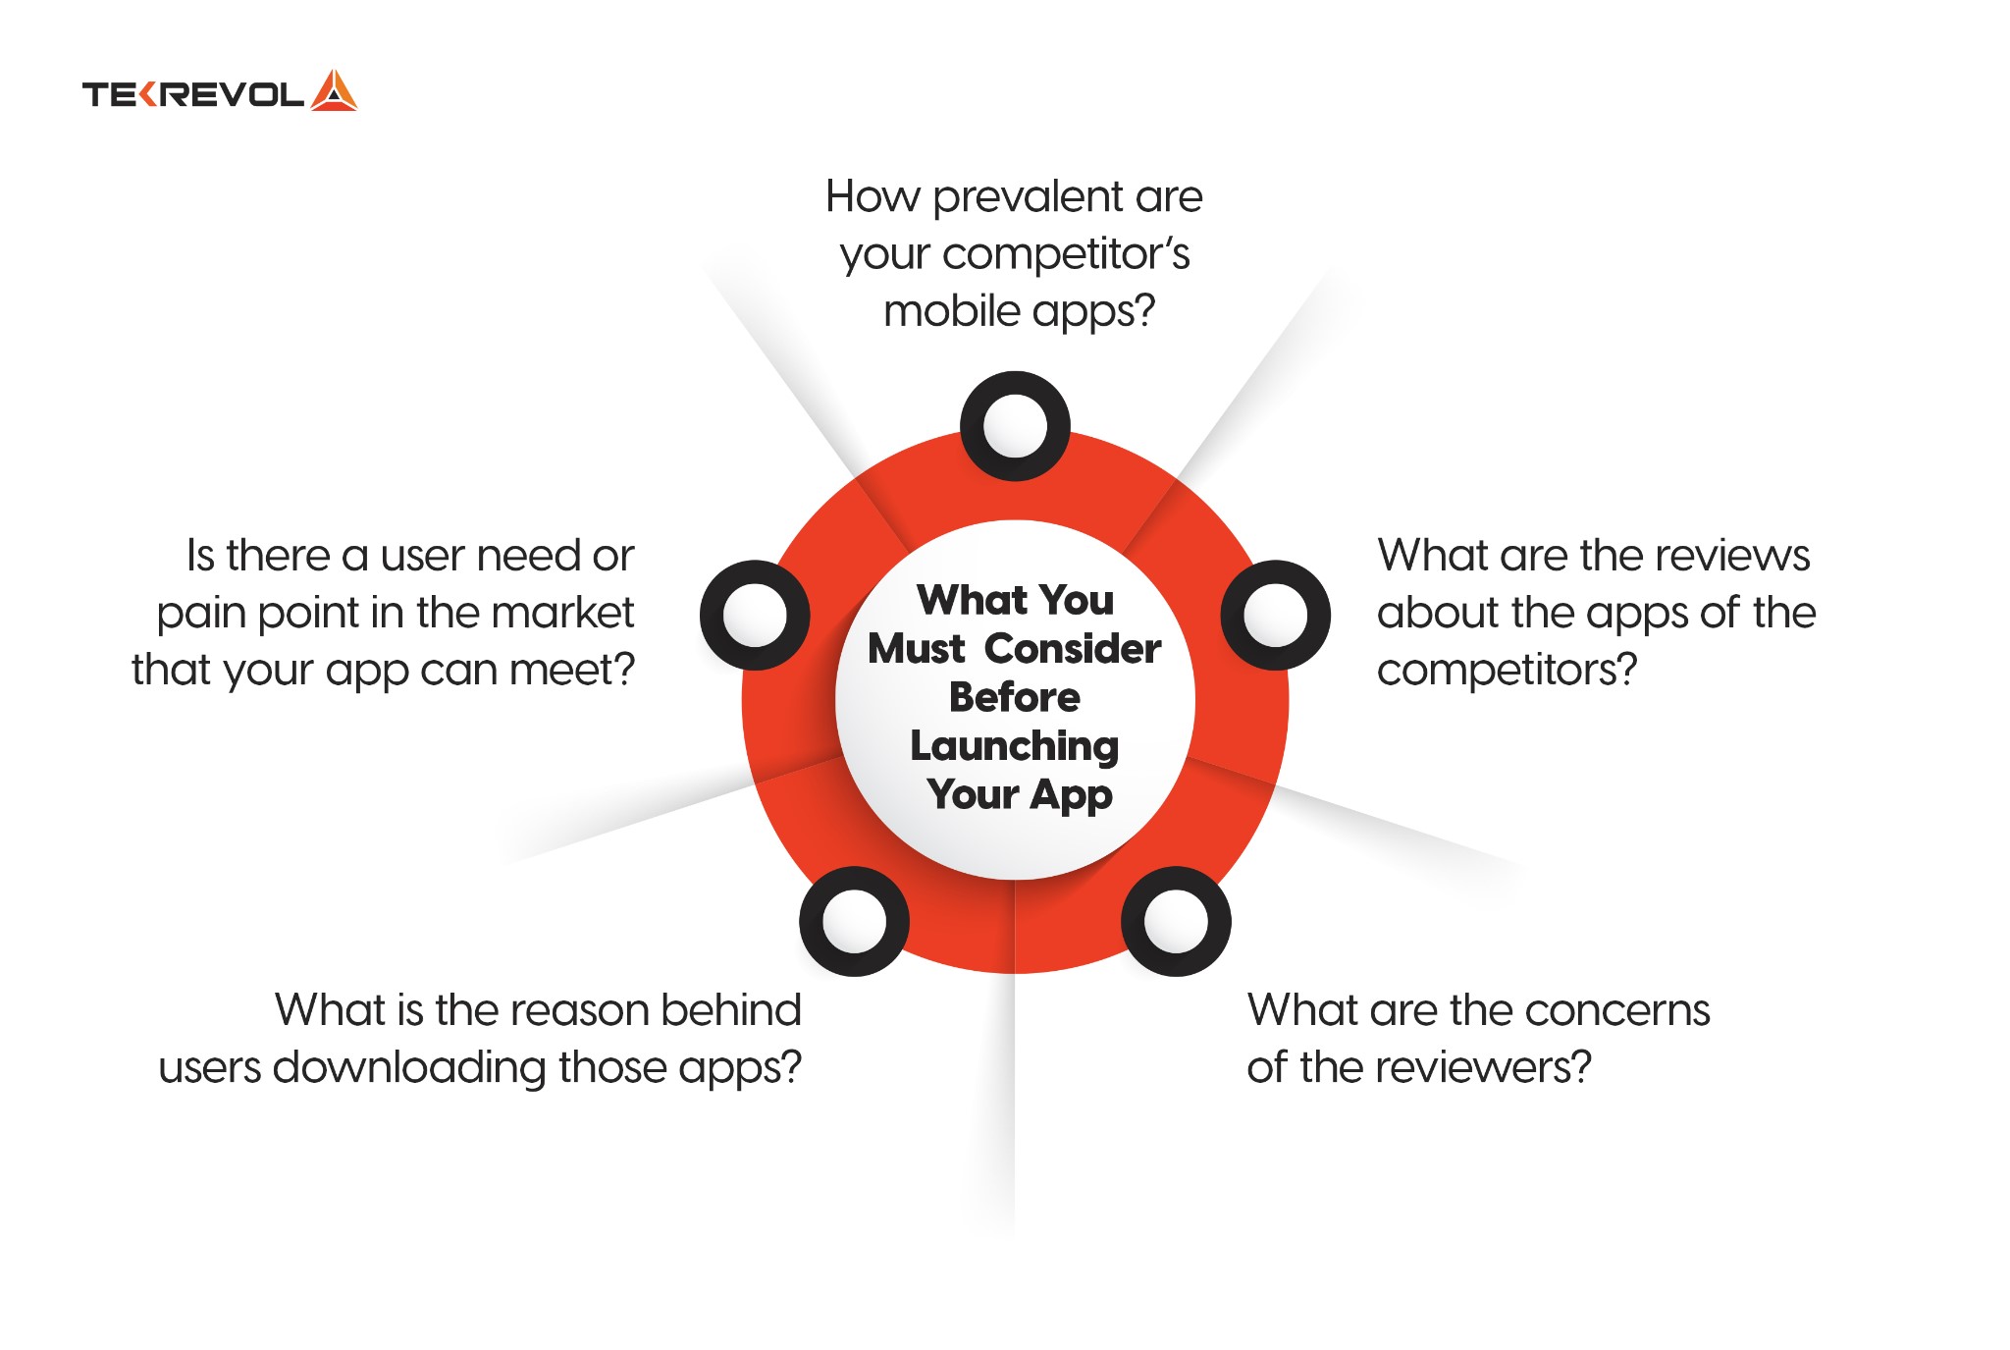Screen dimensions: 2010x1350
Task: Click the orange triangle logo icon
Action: [x=334, y=90]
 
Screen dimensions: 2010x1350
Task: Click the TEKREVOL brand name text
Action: [x=193, y=94]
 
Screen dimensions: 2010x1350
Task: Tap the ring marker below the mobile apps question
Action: [x=1015, y=426]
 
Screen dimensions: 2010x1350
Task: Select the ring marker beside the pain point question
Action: [x=755, y=616]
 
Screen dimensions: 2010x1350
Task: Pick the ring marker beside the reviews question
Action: [x=1275, y=616]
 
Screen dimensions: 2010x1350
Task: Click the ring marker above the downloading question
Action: [x=854, y=921]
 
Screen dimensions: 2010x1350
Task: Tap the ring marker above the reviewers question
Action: [x=1176, y=921]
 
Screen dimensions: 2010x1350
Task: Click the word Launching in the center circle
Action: [x=1015, y=747]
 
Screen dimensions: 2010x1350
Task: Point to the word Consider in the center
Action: [x=1073, y=649]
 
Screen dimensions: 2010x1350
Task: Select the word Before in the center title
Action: [x=1015, y=697]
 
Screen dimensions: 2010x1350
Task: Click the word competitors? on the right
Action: [x=1507, y=671]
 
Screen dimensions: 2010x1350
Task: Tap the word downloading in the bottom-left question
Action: [x=409, y=1067]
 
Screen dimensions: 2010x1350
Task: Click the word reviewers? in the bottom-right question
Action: [x=1499, y=1068]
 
